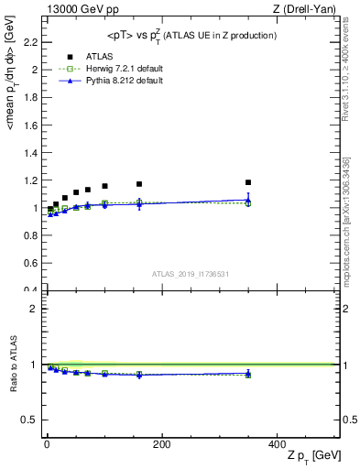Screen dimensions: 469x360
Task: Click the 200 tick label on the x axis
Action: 161,444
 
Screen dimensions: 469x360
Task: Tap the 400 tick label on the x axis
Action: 276,444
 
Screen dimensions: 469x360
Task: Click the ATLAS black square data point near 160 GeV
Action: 139,184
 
